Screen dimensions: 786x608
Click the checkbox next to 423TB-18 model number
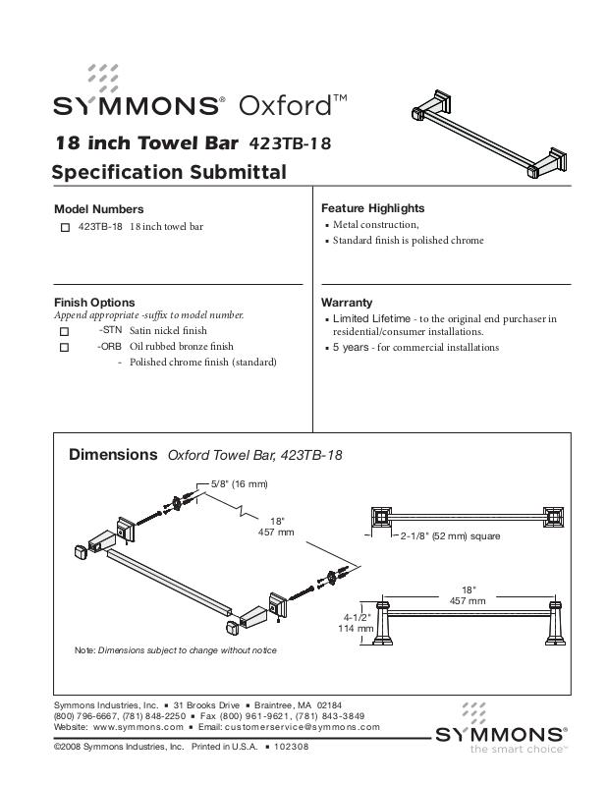(65, 228)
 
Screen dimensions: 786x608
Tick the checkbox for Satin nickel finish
(65, 333)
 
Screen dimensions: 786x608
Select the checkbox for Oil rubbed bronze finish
(65, 348)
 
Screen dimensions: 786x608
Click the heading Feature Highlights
(372, 209)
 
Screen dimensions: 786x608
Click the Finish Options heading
(94, 302)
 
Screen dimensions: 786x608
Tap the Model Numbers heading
(98, 209)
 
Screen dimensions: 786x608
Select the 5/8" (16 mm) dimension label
(240, 484)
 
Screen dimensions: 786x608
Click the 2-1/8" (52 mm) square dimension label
(450, 536)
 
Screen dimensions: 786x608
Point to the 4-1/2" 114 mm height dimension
(355, 620)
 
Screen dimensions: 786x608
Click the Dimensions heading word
(113, 456)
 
